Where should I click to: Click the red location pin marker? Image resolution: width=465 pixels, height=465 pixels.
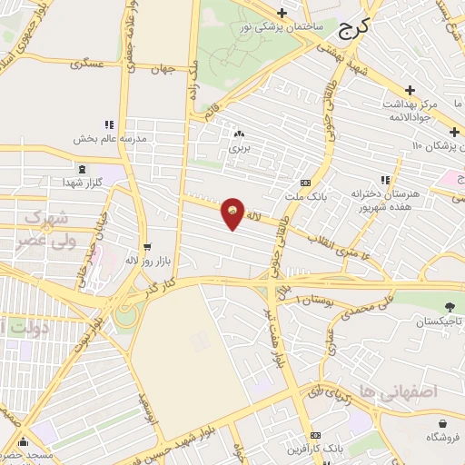(233, 213)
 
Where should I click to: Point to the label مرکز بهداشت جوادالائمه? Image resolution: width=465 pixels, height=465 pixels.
(410, 111)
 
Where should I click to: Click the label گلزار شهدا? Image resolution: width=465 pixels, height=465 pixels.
(83, 183)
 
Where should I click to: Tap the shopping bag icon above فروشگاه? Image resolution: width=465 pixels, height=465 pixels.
(442, 423)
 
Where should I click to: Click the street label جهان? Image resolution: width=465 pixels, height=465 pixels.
(163, 70)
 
